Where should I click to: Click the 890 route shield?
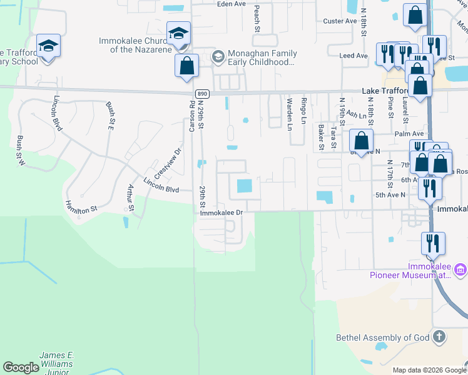coord(201,94)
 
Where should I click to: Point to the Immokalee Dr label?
coord(221,212)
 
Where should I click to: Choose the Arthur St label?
coord(131,197)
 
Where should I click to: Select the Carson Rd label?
coord(192,117)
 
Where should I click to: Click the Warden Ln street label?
coord(289,114)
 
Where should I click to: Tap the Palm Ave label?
coord(409,134)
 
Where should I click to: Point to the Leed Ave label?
coord(353,56)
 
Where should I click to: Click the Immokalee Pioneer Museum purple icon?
coord(460,270)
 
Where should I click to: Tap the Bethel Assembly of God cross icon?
coord(439,337)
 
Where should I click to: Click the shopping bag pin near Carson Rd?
coord(186,66)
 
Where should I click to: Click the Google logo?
coord(21,367)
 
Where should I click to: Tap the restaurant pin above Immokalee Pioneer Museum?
coord(432,242)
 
